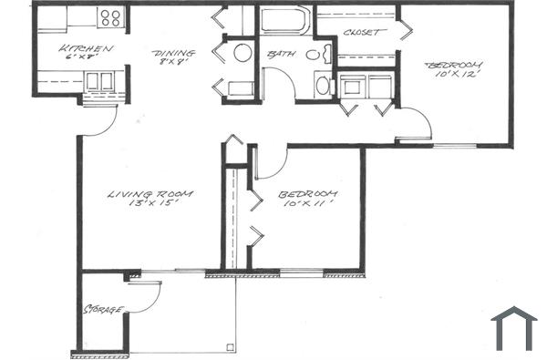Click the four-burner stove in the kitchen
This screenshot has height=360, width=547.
(110, 16)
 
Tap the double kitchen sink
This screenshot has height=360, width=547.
(98, 80)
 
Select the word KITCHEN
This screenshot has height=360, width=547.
(86, 48)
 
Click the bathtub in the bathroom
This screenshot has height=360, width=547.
(285, 20)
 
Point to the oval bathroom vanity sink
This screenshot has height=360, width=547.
(312, 55)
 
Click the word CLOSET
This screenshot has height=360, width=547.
(363, 32)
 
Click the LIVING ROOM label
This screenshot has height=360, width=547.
(150, 194)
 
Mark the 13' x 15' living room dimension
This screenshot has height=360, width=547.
(150, 206)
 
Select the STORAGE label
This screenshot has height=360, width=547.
(103, 310)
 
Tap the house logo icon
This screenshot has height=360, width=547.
(514, 327)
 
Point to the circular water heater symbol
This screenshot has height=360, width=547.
(243, 52)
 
